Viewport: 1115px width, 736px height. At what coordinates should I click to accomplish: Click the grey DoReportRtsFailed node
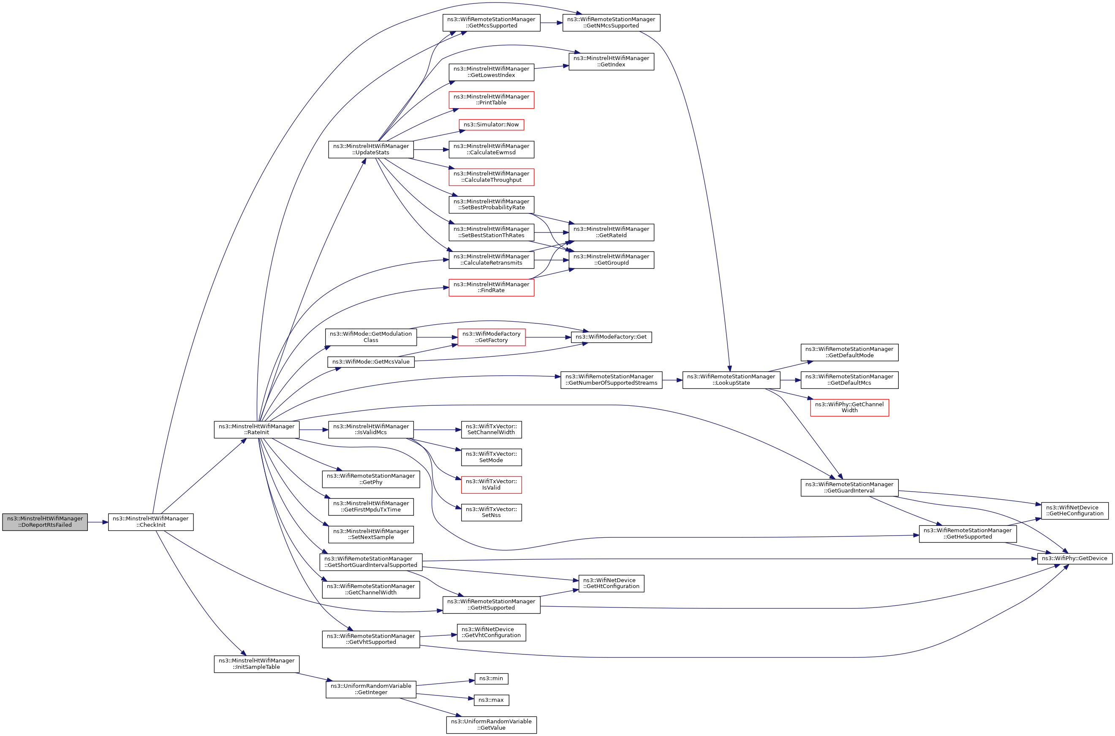pos(45,522)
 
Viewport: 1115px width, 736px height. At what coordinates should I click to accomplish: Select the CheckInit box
pos(150,522)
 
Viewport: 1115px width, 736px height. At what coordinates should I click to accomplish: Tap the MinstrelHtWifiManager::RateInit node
pos(256,430)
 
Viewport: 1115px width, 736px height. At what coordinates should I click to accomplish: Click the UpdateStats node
pos(371,149)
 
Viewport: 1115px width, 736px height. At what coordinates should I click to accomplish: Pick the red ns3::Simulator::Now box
pos(491,124)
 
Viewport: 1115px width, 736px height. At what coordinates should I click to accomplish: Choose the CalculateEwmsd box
pos(491,149)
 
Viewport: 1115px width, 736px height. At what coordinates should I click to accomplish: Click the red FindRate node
pos(491,287)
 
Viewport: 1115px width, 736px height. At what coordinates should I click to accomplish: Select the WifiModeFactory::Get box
pos(611,337)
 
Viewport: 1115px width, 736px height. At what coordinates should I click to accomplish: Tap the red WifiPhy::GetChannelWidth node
pos(849,407)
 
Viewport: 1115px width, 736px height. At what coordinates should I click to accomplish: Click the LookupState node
pos(731,380)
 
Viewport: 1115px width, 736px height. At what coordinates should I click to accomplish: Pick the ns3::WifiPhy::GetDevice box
pos(1074,558)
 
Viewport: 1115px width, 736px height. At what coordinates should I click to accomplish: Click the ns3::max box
pos(491,700)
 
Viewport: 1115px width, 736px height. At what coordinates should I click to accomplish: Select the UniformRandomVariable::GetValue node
pos(491,724)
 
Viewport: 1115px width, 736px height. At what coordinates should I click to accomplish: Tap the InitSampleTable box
pos(256,664)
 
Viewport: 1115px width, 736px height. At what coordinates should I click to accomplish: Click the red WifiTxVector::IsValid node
pos(491,484)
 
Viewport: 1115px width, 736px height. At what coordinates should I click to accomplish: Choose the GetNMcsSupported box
pos(611,22)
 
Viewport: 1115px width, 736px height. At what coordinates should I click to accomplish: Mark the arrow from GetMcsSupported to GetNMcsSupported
pos(551,22)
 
